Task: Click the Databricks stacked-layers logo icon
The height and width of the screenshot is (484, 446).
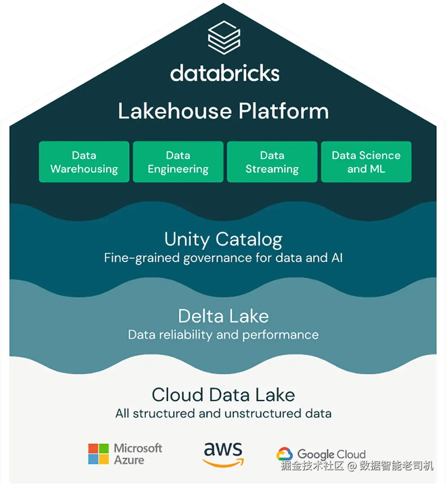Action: pos(224,38)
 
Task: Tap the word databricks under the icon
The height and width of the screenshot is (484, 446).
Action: pos(225,73)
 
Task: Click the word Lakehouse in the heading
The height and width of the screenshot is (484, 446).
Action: pos(175,111)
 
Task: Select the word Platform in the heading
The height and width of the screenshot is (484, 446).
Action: pos(283,111)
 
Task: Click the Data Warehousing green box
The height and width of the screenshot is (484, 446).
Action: pos(84,162)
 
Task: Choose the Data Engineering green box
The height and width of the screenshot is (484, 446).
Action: pos(178,162)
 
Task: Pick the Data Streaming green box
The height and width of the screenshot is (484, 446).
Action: pos(272,162)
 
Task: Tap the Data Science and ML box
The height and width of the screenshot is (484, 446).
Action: pos(366,162)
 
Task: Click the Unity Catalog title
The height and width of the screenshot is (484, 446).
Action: pos(223,240)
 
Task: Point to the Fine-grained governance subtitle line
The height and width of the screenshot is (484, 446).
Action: pos(223,258)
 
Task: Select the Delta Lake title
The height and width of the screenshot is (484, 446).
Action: pos(223,316)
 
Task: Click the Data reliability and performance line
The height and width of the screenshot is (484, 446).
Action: pos(223,335)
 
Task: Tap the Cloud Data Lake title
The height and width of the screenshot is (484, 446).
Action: pos(223,395)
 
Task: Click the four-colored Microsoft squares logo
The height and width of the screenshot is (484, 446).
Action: pos(98,454)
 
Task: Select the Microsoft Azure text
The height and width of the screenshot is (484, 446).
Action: pos(138,454)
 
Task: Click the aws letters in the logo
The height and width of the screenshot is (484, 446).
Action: pos(223,449)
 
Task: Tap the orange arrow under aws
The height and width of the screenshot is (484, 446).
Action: pos(223,463)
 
